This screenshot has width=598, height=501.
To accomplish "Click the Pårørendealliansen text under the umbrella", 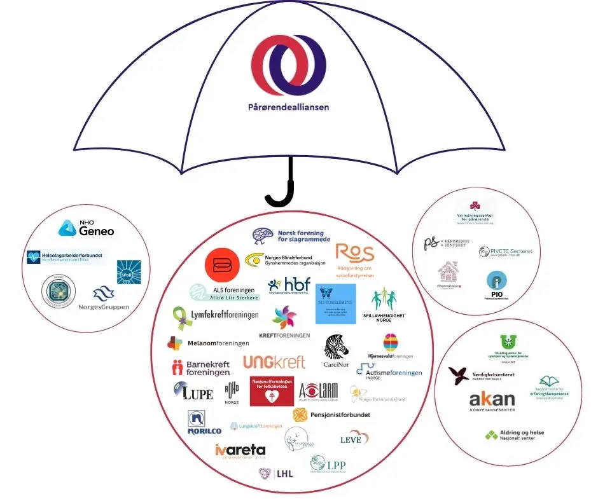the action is pos(288,107).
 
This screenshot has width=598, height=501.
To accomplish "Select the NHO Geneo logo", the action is pos(87,228).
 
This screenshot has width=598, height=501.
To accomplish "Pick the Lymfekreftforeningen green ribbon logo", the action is pos(216,315).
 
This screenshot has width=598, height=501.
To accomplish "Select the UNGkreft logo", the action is pos(274,362).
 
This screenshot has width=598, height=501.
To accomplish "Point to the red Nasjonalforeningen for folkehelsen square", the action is pos(272,390).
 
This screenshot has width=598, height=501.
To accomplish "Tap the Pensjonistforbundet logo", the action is pos(331,415).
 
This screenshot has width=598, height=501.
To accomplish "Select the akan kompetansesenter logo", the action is pos(491,401).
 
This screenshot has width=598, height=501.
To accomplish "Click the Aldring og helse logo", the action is pos(514,436).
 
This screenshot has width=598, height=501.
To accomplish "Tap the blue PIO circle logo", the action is pos(496,282).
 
